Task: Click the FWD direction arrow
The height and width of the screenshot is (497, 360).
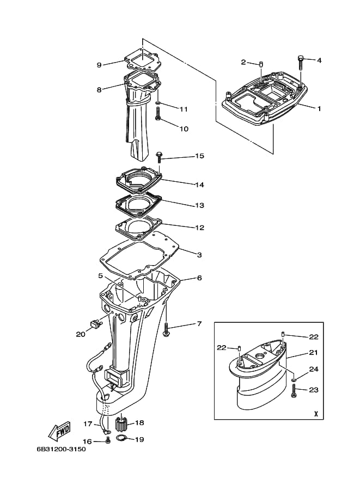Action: click(x=59, y=431)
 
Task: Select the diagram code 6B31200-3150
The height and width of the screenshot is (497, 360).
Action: click(x=61, y=449)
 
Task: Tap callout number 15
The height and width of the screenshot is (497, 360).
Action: click(x=199, y=156)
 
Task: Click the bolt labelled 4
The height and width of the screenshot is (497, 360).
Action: click(x=301, y=63)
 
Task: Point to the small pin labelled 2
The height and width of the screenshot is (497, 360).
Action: click(x=261, y=64)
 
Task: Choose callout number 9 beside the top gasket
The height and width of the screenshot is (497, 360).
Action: click(x=99, y=65)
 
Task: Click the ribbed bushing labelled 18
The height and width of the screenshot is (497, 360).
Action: click(x=121, y=424)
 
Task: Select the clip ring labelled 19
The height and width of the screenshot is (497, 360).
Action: click(x=120, y=438)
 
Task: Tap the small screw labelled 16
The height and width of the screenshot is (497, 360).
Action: click(x=107, y=440)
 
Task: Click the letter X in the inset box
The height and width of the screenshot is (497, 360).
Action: click(x=316, y=414)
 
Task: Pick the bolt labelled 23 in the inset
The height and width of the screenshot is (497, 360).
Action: click(x=294, y=390)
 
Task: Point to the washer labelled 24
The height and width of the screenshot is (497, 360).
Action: click(x=294, y=379)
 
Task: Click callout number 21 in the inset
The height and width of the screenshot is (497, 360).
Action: click(x=313, y=352)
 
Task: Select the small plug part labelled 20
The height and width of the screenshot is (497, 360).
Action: click(x=95, y=323)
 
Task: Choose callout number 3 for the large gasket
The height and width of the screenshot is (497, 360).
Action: click(x=199, y=255)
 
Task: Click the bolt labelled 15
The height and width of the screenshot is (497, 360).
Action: click(x=159, y=157)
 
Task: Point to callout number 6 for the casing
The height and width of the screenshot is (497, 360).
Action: click(x=199, y=278)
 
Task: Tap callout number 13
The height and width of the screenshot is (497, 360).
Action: click(x=199, y=205)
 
